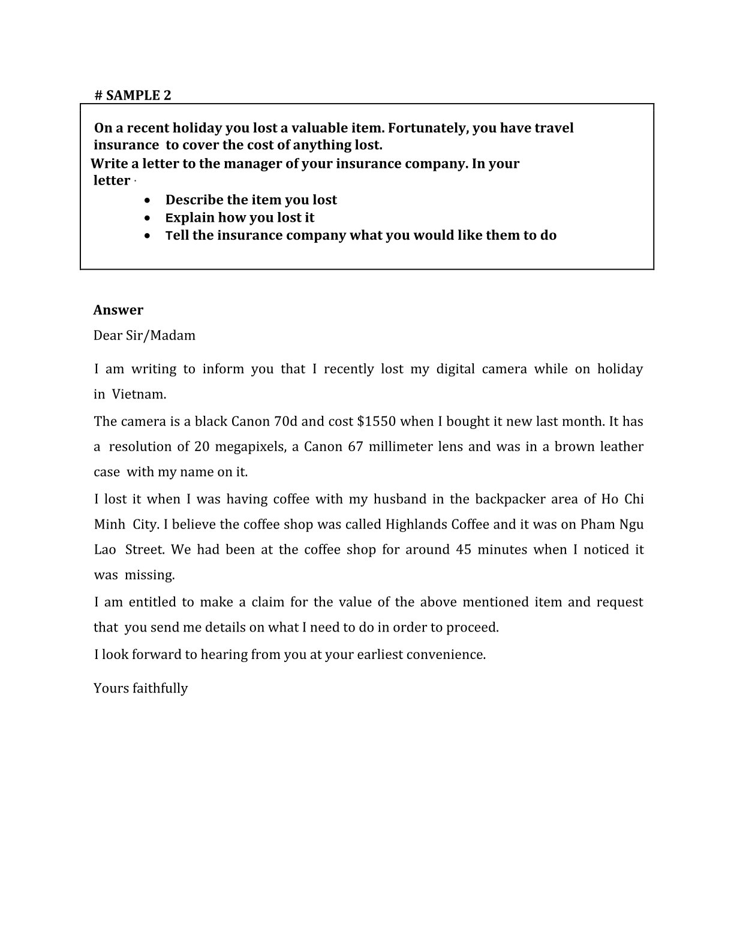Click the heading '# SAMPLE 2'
(133, 95)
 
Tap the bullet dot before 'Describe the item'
(148, 200)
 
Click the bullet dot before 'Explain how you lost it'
(148, 218)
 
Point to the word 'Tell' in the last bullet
(177, 235)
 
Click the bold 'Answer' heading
(118, 310)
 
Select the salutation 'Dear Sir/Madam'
(145, 336)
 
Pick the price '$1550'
(376, 421)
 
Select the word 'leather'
(621, 447)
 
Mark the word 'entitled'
(161, 602)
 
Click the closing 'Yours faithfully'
(141, 688)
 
